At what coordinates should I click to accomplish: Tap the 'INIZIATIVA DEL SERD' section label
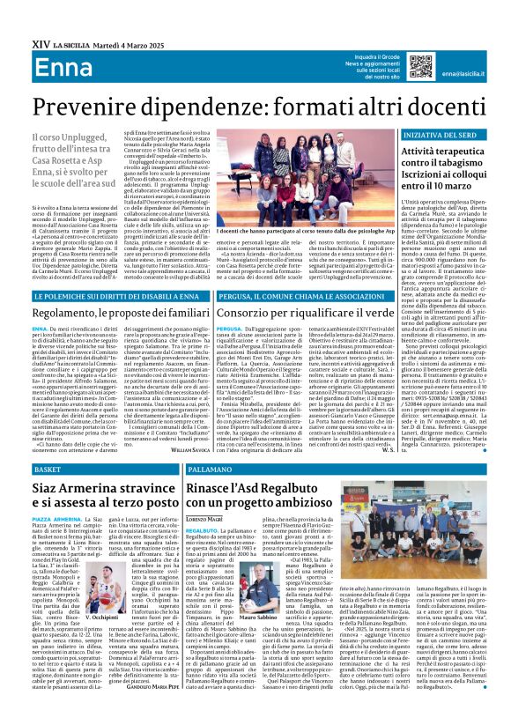tap(441, 133)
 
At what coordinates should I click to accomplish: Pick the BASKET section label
tap(47, 471)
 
